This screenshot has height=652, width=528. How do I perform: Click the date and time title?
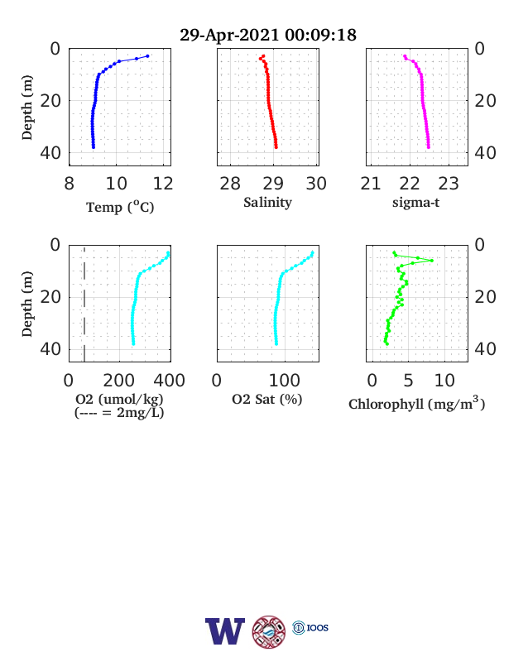pyautogui.click(x=268, y=35)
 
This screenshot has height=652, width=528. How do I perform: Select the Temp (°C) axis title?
pyautogui.click(x=120, y=207)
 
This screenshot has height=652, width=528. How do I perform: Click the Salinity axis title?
pyautogui.click(x=268, y=203)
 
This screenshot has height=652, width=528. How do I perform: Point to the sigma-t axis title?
pyautogui.click(x=415, y=203)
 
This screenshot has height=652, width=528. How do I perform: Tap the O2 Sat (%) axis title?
pyautogui.click(x=267, y=399)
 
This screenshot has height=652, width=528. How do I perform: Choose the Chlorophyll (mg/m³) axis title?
pyautogui.click(x=416, y=403)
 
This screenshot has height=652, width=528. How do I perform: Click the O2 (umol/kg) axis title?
pyautogui.click(x=119, y=399)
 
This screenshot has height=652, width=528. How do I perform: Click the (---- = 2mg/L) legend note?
pyautogui.click(x=119, y=413)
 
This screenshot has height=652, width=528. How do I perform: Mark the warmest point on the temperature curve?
pyautogui.click(x=147, y=56)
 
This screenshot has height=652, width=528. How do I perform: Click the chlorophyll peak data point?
pyautogui.click(x=431, y=261)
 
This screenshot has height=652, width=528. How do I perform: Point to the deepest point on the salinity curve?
pyautogui.click(x=276, y=146)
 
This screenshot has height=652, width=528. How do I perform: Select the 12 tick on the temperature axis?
pyautogui.click(x=163, y=184)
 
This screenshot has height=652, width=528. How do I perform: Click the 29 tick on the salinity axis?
pyautogui.click(x=273, y=184)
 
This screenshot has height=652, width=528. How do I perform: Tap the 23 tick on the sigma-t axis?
pyautogui.click(x=449, y=184)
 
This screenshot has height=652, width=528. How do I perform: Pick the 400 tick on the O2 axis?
pyautogui.click(x=169, y=381)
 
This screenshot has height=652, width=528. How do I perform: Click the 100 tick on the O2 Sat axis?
pyautogui.click(x=285, y=381)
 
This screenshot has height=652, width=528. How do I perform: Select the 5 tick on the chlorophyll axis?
pyautogui.click(x=408, y=381)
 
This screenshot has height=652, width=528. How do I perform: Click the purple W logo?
pyautogui.click(x=225, y=631)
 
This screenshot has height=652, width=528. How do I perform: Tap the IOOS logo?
pyautogui.click(x=310, y=627)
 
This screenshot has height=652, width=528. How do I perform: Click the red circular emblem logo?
pyautogui.click(x=269, y=632)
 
